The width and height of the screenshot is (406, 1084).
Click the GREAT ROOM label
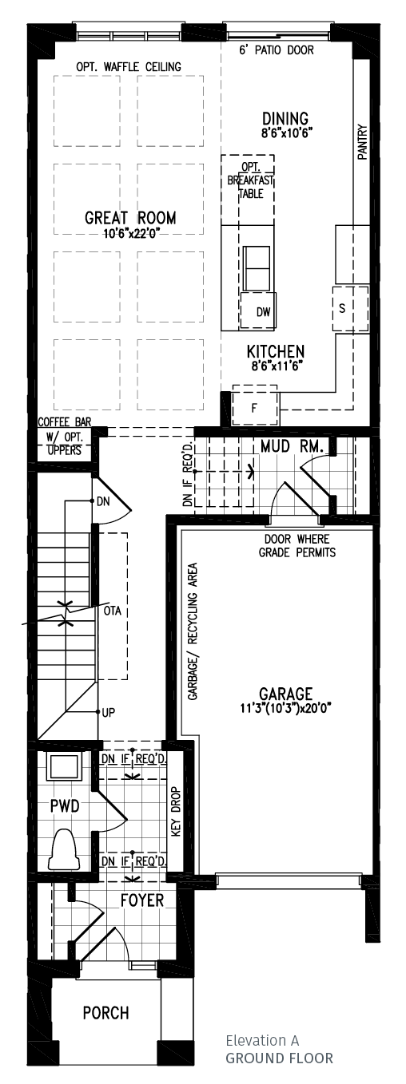[x=130, y=218]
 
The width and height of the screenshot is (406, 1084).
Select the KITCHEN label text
[x=275, y=352]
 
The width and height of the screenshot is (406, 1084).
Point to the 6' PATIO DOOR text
[x=277, y=50]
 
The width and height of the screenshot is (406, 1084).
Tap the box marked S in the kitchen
[x=342, y=308]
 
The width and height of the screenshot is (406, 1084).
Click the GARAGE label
[x=285, y=694]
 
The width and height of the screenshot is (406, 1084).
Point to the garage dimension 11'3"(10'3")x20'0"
[x=285, y=707]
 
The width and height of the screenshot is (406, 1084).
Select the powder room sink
[x=62, y=766]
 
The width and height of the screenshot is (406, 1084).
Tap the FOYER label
[x=141, y=900]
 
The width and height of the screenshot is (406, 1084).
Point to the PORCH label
[x=105, y=1013]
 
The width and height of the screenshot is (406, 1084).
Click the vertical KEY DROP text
[x=177, y=811]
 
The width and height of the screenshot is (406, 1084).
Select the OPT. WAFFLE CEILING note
[x=128, y=66]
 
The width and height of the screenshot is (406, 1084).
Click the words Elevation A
[x=261, y=1041]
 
